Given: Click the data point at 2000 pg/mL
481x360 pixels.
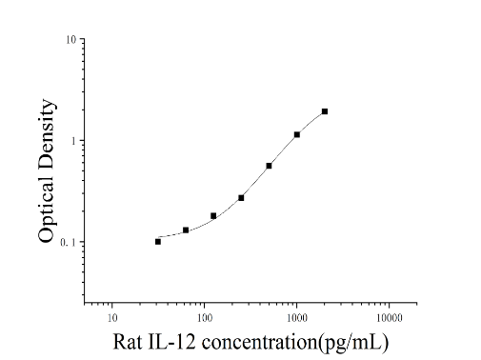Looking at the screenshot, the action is click(x=325, y=111).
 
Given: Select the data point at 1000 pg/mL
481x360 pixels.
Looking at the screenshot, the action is click(x=297, y=134).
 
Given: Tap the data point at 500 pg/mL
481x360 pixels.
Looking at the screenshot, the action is click(x=269, y=166).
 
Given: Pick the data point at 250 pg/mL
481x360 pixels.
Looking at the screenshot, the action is click(x=241, y=198).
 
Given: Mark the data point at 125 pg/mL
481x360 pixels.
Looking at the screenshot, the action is click(x=213, y=216).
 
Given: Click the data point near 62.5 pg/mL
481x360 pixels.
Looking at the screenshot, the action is click(x=186, y=230).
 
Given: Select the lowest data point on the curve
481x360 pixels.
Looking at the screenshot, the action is click(x=158, y=242).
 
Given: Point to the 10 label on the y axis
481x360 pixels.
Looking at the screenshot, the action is click(x=71, y=39).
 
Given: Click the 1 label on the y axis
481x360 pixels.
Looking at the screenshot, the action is click(x=74, y=141).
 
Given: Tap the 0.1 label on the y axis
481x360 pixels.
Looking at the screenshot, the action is click(x=69, y=242).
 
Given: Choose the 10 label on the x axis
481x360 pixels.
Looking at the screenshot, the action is click(x=112, y=318).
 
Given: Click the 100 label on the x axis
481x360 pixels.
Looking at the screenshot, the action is click(x=205, y=318).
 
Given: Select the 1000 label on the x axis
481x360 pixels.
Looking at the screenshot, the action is click(x=297, y=318).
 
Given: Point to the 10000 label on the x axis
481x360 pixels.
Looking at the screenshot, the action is click(x=390, y=318).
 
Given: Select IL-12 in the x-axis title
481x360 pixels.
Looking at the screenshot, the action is click(x=171, y=342).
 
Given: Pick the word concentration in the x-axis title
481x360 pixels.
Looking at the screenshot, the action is click(x=259, y=342).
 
